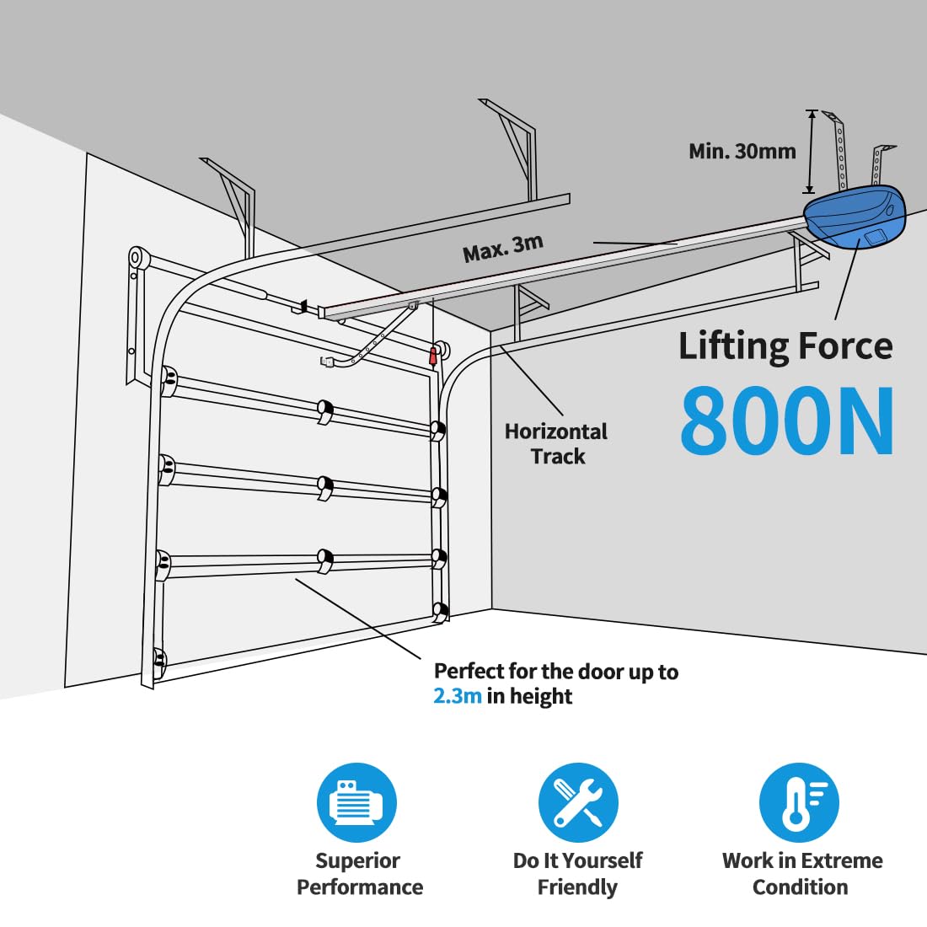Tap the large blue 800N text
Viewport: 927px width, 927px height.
(x=787, y=421)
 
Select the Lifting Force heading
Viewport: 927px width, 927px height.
(x=785, y=346)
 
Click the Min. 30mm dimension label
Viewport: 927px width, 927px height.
(x=742, y=152)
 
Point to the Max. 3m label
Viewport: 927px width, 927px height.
(x=503, y=249)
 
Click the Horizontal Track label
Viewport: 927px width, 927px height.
(x=556, y=444)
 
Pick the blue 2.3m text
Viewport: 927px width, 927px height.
(x=458, y=696)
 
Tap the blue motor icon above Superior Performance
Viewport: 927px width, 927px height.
(x=357, y=802)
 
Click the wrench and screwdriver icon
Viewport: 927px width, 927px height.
(x=578, y=802)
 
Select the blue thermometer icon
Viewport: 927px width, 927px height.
(x=799, y=802)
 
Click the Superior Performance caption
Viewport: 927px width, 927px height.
(x=360, y=874)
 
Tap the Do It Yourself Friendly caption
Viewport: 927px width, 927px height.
(x=577, y=874)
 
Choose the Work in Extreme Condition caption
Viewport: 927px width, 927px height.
(x=802, y=874)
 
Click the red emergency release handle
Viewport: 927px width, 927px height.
(x=433, y=356)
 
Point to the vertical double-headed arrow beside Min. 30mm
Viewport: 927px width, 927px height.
(x=811, y=152)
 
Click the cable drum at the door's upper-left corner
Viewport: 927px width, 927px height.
(x=137, y=259)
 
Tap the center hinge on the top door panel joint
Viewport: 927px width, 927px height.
(x=324, y=411)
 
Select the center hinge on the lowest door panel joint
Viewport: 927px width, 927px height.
(x=324, y=560)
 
